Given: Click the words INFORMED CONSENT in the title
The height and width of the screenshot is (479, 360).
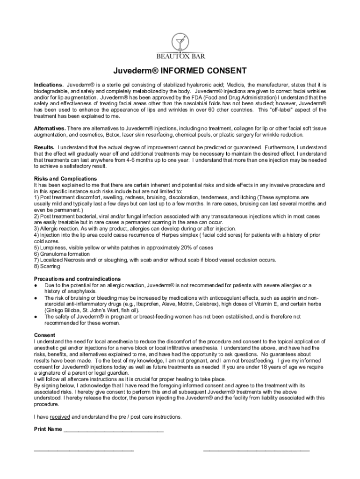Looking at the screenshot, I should click(203, 72).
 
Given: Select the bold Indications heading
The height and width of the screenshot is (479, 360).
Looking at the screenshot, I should click(49, 84).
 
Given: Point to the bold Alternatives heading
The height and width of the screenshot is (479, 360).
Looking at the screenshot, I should click(50, 128).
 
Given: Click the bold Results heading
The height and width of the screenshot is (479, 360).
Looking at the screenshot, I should click(44, 147).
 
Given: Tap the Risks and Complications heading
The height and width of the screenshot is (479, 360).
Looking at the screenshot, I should click(65, 179).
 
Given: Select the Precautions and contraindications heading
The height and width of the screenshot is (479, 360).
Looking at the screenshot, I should click(77, 279).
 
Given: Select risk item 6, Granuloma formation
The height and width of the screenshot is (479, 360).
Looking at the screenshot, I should click(61, 254).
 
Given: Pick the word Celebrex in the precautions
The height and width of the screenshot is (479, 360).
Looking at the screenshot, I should click(197, 304).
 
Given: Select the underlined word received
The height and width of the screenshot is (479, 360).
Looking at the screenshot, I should click(60, 417).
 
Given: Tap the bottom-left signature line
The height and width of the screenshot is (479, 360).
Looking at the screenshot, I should click(84, 451).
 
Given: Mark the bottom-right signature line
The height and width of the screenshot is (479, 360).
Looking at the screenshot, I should click(256, 451).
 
